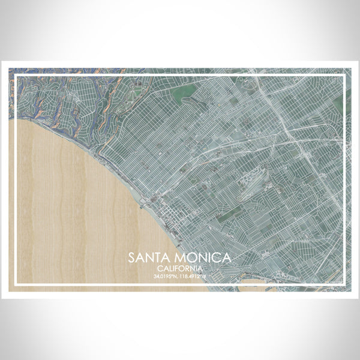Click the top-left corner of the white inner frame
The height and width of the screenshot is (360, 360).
click(x=16, y=75)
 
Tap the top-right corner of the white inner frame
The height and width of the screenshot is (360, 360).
click(x=344, y=75)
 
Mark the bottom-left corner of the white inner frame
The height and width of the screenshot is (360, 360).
click(x=16, y=285)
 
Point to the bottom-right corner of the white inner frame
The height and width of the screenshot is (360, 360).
click(x=344, y=285)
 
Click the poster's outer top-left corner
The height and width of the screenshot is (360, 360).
click(x=8, y=68)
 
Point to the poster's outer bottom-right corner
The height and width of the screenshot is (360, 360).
click(x=352, y=292)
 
